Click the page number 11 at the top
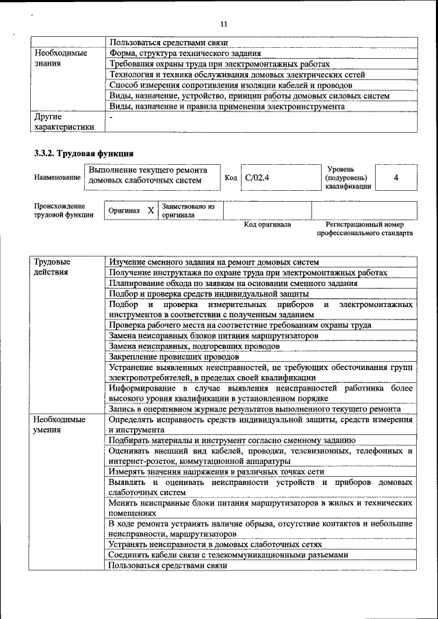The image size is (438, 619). [223, 24]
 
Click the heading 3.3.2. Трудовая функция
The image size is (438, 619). [83, 153]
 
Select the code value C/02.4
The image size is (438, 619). [257, 177]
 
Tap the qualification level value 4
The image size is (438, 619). [396, 177]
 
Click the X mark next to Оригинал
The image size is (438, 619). [151, 211]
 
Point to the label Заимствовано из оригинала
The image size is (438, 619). [188, 210]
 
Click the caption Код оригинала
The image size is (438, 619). [268, 224]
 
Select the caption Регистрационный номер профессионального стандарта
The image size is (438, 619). [364, 228]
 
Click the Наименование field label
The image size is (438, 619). [57, 178]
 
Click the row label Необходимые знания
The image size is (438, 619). [60, 58]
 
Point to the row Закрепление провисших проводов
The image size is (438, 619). [174, 356]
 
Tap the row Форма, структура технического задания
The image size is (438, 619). [185, 53]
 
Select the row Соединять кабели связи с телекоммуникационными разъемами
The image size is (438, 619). [223, 555]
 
